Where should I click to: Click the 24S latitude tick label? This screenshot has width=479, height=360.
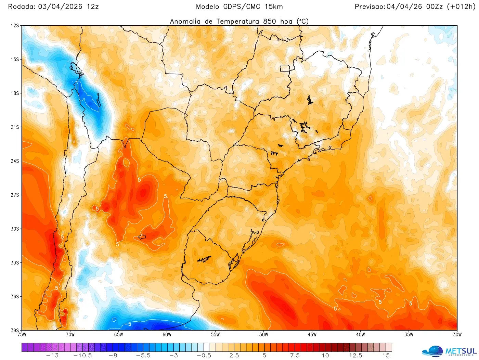[15, 161]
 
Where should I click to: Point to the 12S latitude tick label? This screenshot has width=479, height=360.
[15, 26]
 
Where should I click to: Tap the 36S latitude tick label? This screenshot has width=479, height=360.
[15, 296]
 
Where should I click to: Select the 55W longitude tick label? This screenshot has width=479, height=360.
[215, 335]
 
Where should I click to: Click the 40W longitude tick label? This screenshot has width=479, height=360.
[360, 335]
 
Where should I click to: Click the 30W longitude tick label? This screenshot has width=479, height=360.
[457, 335]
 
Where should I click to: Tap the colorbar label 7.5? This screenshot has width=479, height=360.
[295, 356]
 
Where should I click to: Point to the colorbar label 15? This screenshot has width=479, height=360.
[386, 356]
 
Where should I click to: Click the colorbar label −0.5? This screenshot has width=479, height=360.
[204, 356]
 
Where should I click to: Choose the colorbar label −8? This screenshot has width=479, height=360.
[113, 356]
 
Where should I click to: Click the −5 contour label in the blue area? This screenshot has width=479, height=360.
[128, 324]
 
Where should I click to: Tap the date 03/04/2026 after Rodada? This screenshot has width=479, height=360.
[60, 7]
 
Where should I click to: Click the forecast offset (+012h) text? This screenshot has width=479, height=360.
[461, 7]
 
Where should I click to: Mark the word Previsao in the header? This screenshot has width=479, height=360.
[370, 7]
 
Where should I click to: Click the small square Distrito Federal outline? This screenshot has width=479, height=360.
[285, 68]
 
